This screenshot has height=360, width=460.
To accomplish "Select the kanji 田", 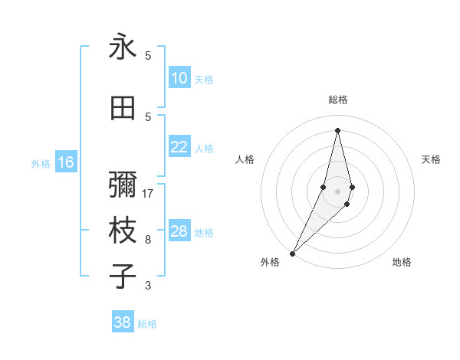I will click(x=123, y=109).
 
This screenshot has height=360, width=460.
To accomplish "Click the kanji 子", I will click(x=123, y=276).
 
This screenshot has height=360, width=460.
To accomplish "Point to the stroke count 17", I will click(x=148, y=194).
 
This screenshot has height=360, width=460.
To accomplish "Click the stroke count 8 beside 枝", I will click(x=148, y=240).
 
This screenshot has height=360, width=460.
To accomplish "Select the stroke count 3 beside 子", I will click(x=148, y=286).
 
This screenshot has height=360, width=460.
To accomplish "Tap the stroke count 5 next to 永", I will click(x=148, y=56).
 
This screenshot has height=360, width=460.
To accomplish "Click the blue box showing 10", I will click(x=179, y=78).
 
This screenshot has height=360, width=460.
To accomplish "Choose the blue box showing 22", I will click(x=179, y=147).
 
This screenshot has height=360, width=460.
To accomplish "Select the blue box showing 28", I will click(x=179, y=231).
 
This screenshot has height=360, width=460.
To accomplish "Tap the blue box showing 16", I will click(x=66, y=162).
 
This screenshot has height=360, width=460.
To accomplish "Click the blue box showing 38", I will click(x=123, y=322).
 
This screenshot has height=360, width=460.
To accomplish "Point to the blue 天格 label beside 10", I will click(x=204, y=79).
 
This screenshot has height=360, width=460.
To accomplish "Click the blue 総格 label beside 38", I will click(x=148, y=323).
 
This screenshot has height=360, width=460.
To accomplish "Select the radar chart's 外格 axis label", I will click(x=270, y=262).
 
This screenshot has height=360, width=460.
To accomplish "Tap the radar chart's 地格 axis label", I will click(x=402, y=262).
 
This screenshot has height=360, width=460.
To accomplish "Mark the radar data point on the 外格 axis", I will click(x=293, y=253).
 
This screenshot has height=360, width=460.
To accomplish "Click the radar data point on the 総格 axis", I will click(x=337, y=129).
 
